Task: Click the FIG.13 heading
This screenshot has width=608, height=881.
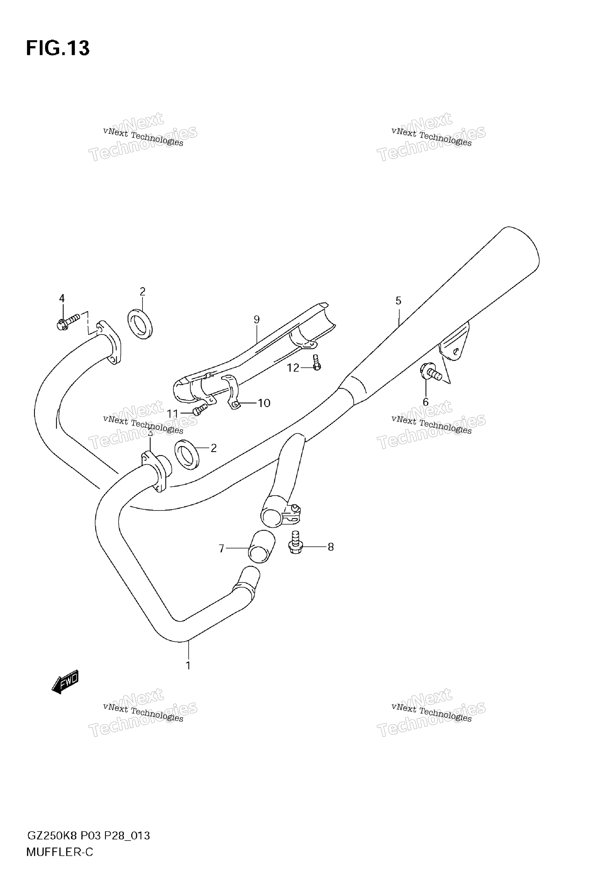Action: tap(58, 48)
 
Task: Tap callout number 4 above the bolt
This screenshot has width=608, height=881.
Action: tap(62, 298)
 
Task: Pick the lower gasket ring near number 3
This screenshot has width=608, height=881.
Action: tap(187, 454)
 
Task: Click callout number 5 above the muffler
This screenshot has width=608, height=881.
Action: tap(398, 301)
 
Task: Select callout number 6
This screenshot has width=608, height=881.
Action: tap(425, 402)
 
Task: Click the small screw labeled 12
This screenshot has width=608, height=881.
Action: tap(316, 362)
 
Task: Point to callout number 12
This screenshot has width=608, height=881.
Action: tap(293, 368)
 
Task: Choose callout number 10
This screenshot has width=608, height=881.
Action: tap(264, 403)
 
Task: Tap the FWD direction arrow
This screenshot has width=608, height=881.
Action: tap(65, 682)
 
